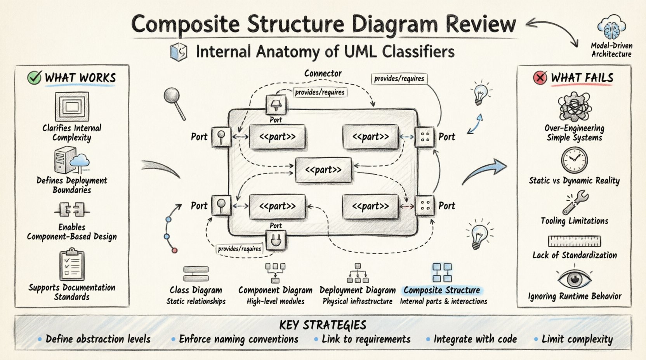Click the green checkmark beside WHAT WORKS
(34, 78)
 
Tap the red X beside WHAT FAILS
(540, 78)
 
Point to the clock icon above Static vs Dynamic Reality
(574, 160)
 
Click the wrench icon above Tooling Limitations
(575, 202)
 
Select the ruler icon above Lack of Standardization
(574, 241)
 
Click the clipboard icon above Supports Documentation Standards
(72, 266)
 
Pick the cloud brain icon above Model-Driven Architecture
(611, 27)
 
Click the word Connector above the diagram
(323, 73)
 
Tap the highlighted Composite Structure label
(442, 290)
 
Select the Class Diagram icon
(196, 273)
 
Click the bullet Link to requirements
(366, 339)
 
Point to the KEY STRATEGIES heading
(323, 325)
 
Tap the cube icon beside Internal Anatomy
(179, 52)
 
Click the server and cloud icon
(72, 161)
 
